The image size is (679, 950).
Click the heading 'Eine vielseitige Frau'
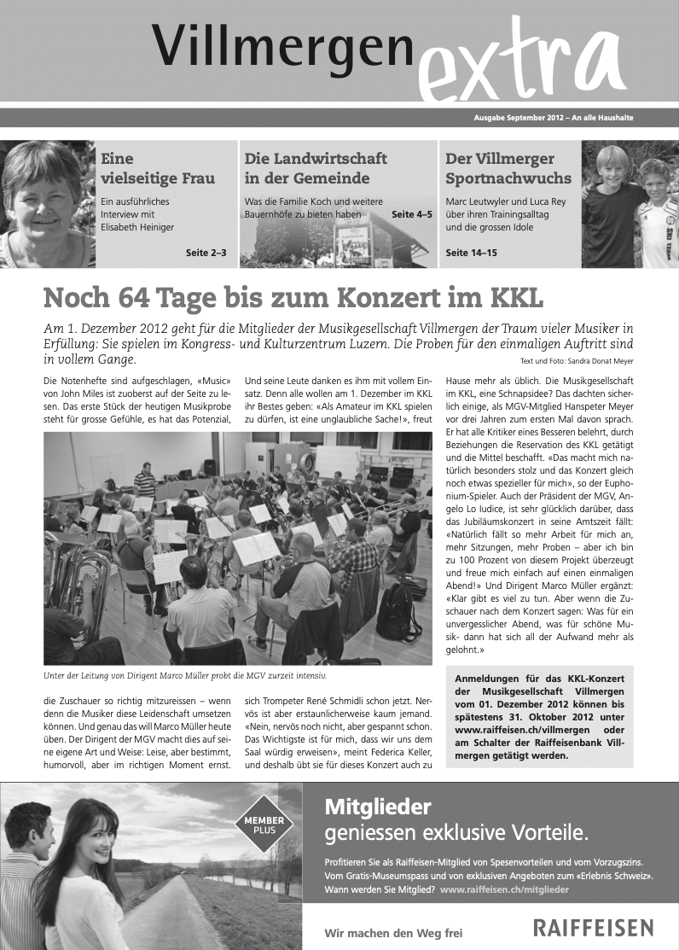[157, 169]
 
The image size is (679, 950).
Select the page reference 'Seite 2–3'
[206, 253]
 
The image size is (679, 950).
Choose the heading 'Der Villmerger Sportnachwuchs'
[508, 169]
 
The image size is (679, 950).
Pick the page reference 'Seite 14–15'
[472, 253]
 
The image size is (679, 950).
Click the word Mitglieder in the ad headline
[378, 806]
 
